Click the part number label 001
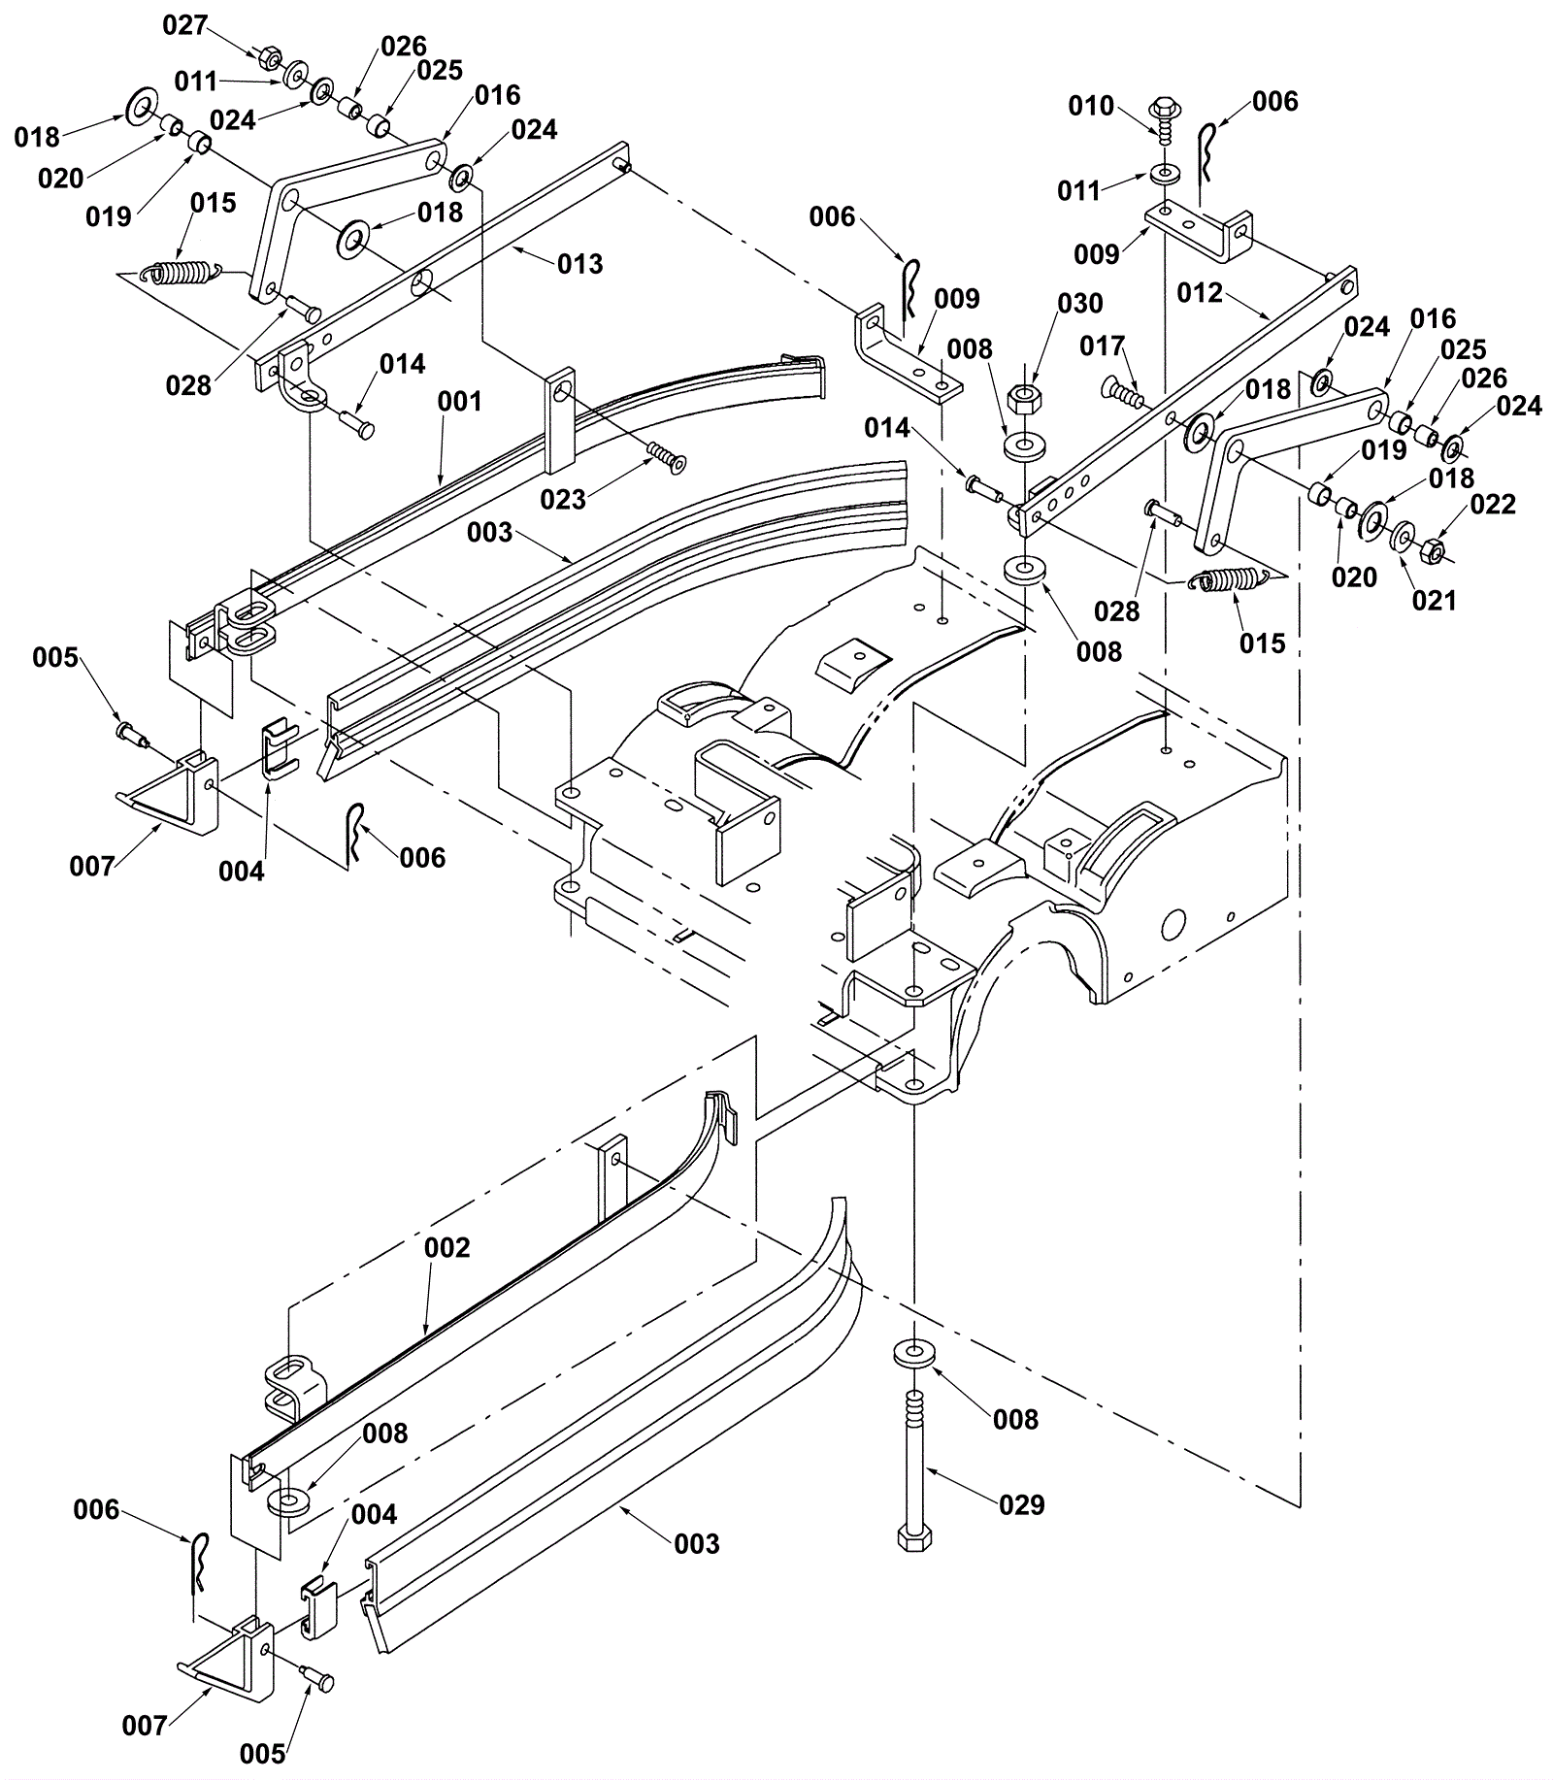coord(460,402)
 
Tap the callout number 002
coord(447,1247)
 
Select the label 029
coord(1022,1504)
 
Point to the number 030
coord(1080,304)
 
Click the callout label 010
coord(1091,106)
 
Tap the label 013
coord(580,264)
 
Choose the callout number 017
coord(1103,346)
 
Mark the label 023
coord(563,499)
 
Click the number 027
coord(185,25)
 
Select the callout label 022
coord(1493,505)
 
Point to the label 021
coord(1435,601)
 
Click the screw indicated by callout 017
coord(1123,395)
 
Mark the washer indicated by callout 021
coord(1403,537)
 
